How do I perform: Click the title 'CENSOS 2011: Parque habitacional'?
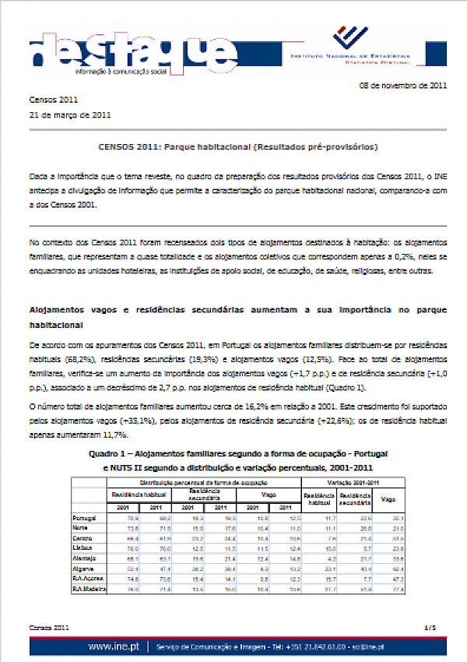coord(238,146)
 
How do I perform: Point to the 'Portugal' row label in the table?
coord(83,518)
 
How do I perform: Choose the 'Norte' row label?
coord(81,528)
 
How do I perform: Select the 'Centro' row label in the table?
coord(82,538)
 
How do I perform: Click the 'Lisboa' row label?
coord(82,548)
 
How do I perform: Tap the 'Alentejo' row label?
coord(84,558)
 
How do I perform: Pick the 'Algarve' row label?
coord(83,569)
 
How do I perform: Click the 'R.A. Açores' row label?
coord(88,579)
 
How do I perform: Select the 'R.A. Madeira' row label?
coord(89,589)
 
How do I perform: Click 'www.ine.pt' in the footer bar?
coord(114,646)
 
